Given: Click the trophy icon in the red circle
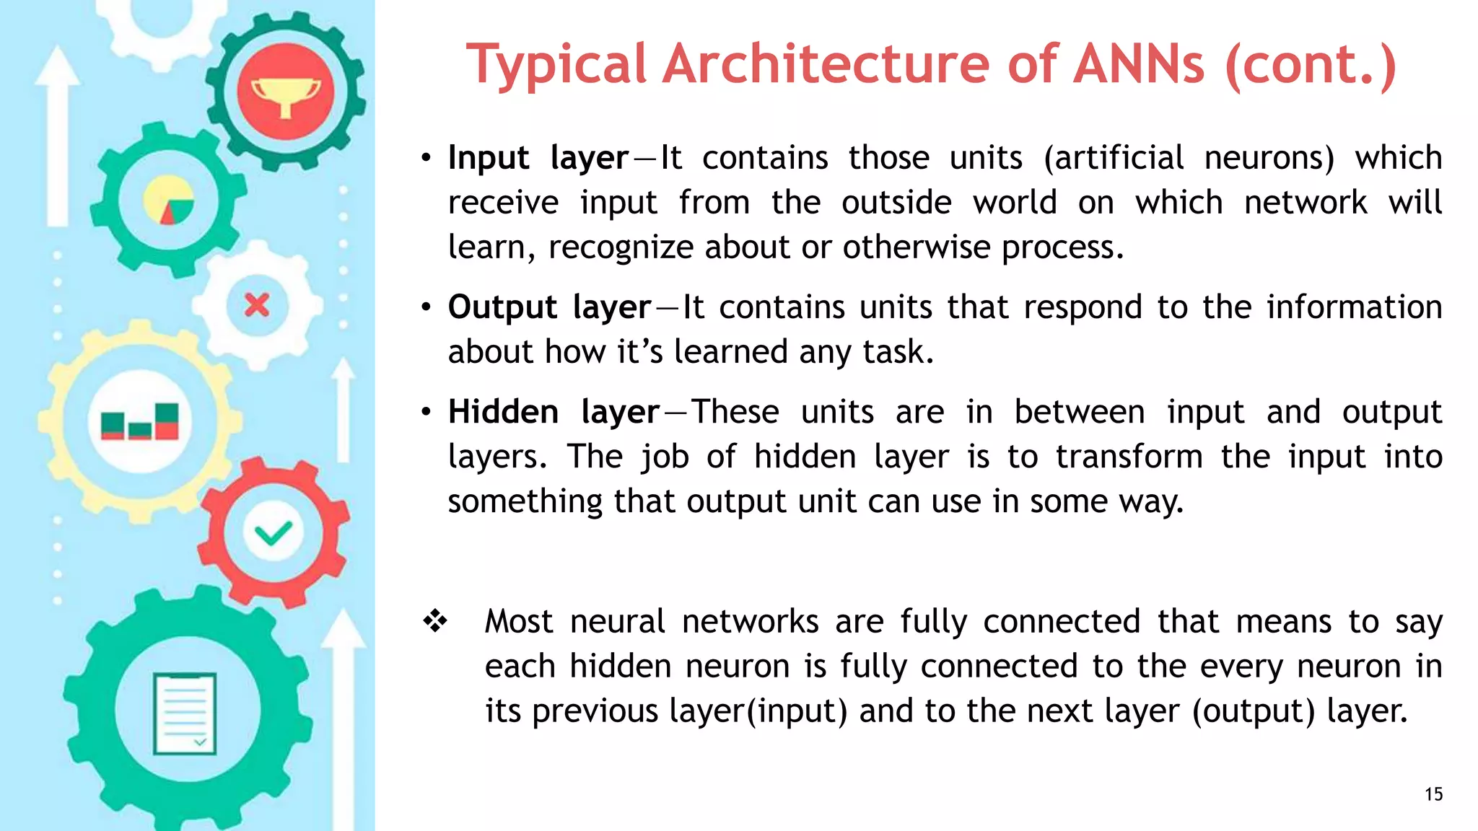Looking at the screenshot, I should coord(286,96).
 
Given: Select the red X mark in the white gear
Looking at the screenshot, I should coord(257,305).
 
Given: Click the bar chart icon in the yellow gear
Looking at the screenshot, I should coord(140,422).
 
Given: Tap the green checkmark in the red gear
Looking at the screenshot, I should coord(273,534).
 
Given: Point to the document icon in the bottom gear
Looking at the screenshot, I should coord(185,713).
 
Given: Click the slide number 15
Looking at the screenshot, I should coord(1433,794).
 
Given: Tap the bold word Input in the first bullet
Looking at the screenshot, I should coord(489,158).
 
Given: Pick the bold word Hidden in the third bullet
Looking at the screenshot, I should coord(503,412).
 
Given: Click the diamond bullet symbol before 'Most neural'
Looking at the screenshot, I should coord(436,621).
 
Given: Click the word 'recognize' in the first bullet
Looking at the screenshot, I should coord(621,247).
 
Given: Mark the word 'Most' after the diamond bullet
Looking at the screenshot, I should coord(519,622).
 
